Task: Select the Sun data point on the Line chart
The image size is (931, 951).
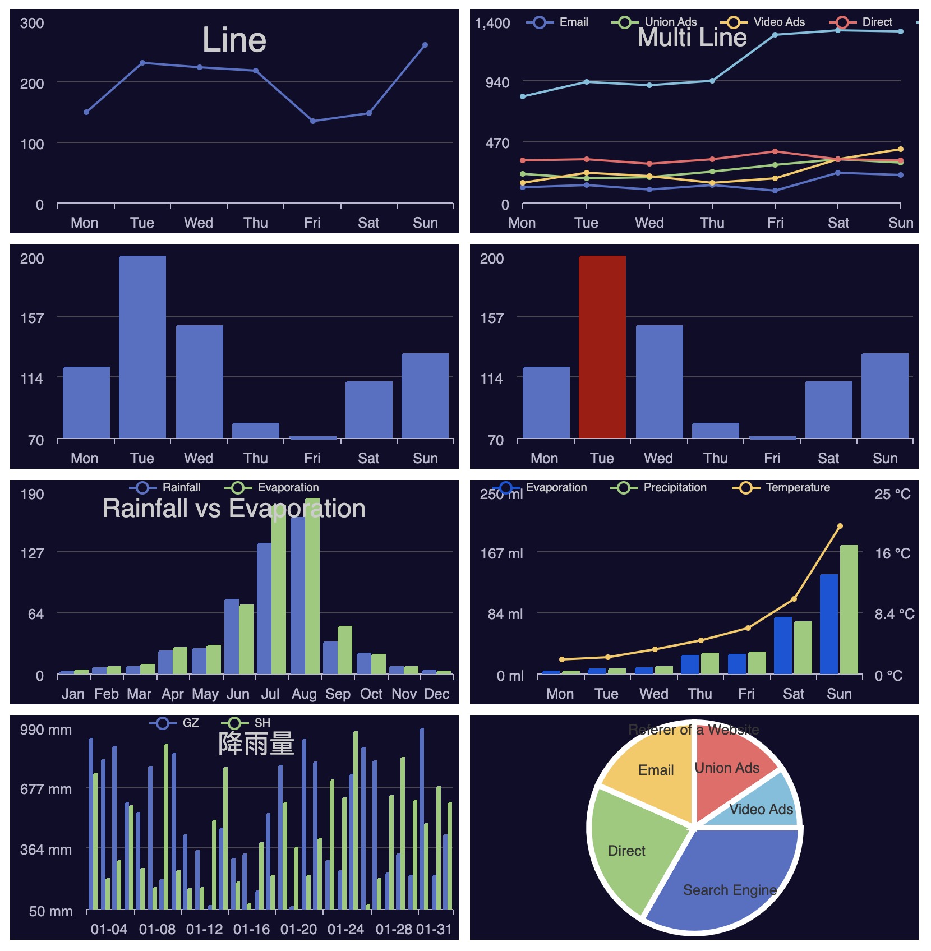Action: point(425,45)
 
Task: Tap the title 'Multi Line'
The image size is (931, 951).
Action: point(692,38)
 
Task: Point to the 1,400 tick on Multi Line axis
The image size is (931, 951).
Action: point(492,23)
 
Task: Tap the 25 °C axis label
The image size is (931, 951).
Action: point(892,494)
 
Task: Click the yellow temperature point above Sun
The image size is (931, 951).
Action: point(840,526)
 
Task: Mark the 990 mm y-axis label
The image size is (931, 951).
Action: point(46,730)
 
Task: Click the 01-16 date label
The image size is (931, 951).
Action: point(251,929)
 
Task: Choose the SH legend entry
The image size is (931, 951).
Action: point(247,723)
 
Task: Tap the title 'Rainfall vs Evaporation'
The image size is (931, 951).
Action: point(234,509)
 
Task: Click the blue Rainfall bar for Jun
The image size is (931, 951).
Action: point(232,636)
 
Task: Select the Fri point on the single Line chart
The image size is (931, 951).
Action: point(313,121)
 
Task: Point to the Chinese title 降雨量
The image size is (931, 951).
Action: point(256,744)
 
